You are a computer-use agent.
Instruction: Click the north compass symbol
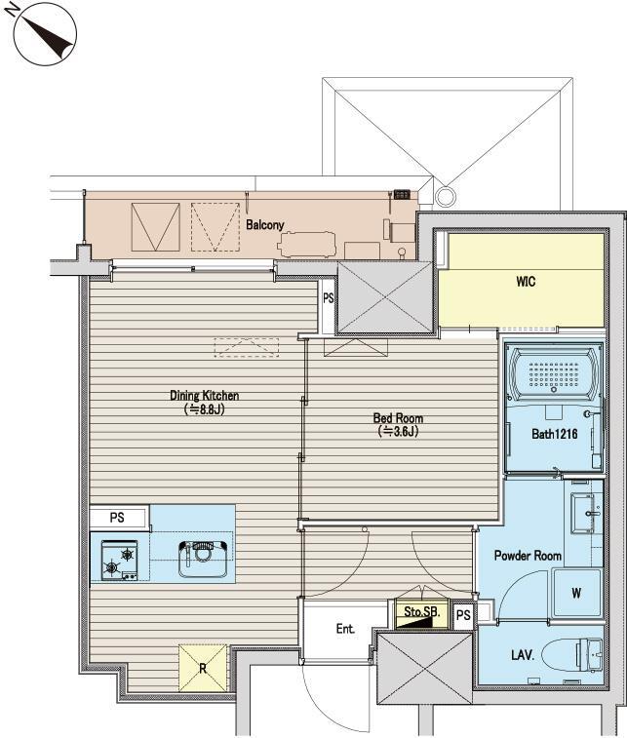click(x=45, y=33)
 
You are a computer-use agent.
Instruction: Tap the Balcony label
click(x=265, y=225)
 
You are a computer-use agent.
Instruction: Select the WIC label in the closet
click(x=526, y=282)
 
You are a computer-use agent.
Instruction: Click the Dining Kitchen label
click(x=205, y=396)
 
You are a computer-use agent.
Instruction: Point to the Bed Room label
click(x=398, y=418)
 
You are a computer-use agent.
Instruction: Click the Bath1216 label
click(x=554, y=434)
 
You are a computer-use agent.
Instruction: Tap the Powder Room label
click(x=528, y=556)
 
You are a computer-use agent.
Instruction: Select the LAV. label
click(x=523, y=655)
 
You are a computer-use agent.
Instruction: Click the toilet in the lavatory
click(x=572, y=655)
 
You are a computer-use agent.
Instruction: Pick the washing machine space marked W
click(x=577, y=593)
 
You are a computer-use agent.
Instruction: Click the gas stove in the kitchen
click(x=120, y=561)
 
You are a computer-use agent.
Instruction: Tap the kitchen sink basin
click(x=204, y=559)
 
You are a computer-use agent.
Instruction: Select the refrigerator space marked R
click(x=203, y=668)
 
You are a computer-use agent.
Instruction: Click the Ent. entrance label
click(x=345, y=629)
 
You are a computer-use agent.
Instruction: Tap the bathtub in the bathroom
click(x=554, y=374)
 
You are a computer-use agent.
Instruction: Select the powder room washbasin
click(x=586, y=513)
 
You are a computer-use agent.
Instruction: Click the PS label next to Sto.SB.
click(x=463, y=615)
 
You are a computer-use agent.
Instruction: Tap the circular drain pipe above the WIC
click(x=446, y=194)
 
